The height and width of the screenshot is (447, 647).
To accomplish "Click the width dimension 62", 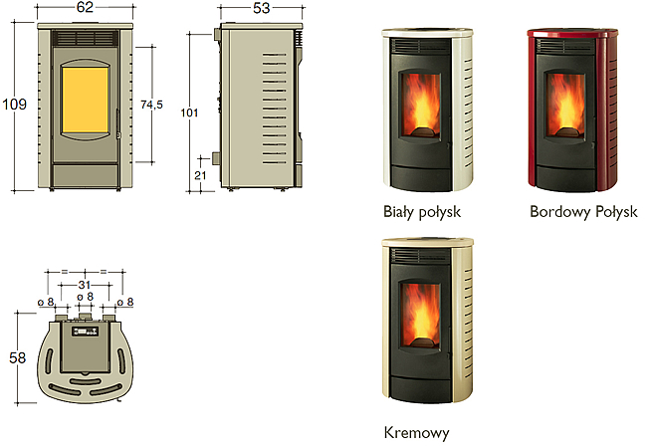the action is pos(85,7).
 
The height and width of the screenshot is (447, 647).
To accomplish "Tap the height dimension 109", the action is pos(15,104).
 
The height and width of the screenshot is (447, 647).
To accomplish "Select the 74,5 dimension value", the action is pos(151,105).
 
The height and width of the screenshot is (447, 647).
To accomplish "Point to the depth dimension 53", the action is pos(261,8).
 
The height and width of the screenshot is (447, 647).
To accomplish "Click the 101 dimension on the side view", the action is pos(189,112).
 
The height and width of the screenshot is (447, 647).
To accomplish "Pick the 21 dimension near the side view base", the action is pos(200,175).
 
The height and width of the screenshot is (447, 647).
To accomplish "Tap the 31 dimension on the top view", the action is pos(85,285).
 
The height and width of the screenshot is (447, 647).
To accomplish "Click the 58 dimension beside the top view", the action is pos(17,357).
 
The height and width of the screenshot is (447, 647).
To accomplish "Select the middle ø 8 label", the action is pos(85,297).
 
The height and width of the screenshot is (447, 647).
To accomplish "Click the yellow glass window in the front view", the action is pos(85,100).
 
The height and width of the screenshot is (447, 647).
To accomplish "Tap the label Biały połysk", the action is pos(422,212).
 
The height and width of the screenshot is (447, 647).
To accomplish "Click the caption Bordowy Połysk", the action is pos(583,212).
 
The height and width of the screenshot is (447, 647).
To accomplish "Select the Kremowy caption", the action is pos(416,433).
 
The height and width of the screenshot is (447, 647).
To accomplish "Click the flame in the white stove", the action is pos(422,105).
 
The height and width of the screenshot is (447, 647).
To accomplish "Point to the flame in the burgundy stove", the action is pos(565,106).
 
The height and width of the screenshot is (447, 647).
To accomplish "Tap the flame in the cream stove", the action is pos(421,316).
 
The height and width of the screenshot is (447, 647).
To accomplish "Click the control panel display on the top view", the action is pos(85,332).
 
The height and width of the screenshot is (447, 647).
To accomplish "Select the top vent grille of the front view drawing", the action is pos(85,38).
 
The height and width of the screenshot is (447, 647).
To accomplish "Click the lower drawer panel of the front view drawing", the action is pos(86,175).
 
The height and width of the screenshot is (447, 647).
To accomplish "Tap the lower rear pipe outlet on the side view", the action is pos(216,158).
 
